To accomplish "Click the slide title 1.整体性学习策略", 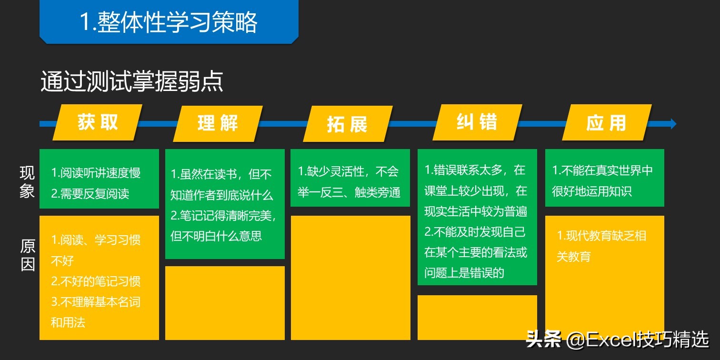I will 169,22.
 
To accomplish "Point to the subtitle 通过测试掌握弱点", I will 132,82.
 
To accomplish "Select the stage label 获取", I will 98,122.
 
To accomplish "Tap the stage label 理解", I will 218,123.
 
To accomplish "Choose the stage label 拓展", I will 347,124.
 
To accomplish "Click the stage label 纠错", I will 477,122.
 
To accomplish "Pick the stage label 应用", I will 606,123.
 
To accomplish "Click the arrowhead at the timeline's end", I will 673,124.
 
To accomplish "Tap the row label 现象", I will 27,181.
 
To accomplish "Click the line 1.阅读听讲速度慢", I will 96,173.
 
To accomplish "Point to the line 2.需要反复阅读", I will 90,194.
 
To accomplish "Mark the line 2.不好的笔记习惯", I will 96,281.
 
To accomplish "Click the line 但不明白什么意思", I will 216,236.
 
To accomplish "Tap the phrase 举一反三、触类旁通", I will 349,192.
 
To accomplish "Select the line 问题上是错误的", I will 464,273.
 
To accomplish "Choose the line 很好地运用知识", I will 592,191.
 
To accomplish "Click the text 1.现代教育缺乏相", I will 601,236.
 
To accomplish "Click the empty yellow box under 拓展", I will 350,278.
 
